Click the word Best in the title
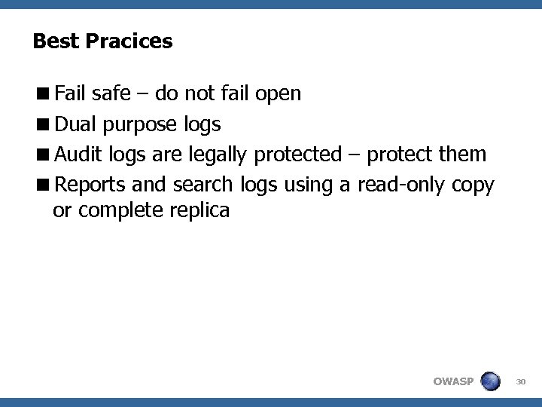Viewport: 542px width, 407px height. [x=57, y=41]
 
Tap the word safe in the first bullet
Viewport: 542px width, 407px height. [x=111, y=93]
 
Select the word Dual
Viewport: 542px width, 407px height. [x=74, y=124]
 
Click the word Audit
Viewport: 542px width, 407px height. [x=79, y=154]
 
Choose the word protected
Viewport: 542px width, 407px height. [x=298, y=155]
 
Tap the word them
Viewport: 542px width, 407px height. [x=461, y=154]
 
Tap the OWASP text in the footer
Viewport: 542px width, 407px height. [x=454, y=381]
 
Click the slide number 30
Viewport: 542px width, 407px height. [x=520, y=381]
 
